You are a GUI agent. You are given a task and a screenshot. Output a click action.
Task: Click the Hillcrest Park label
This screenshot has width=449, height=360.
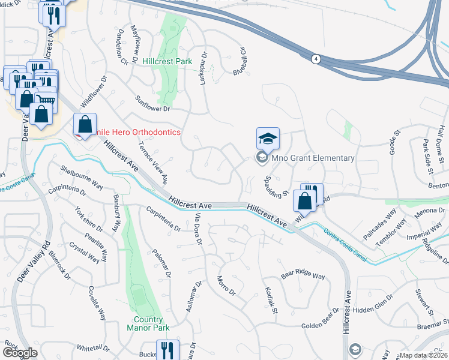click(167, 61)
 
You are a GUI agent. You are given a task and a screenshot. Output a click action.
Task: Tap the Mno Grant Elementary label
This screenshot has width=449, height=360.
click(313, 158)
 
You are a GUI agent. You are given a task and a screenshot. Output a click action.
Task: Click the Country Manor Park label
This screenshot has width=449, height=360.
click(148, 323)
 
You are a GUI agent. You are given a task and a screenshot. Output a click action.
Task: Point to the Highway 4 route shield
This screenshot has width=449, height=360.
click(315, 58)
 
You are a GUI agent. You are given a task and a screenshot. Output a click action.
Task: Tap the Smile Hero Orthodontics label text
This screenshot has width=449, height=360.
click(130, 132)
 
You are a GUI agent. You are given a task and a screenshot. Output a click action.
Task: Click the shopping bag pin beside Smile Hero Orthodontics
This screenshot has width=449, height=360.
click(85, 125)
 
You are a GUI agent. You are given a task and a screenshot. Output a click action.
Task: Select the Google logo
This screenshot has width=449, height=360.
click(20, 353)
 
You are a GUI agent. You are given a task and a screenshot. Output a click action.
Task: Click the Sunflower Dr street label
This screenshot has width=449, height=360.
click(153, 104)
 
